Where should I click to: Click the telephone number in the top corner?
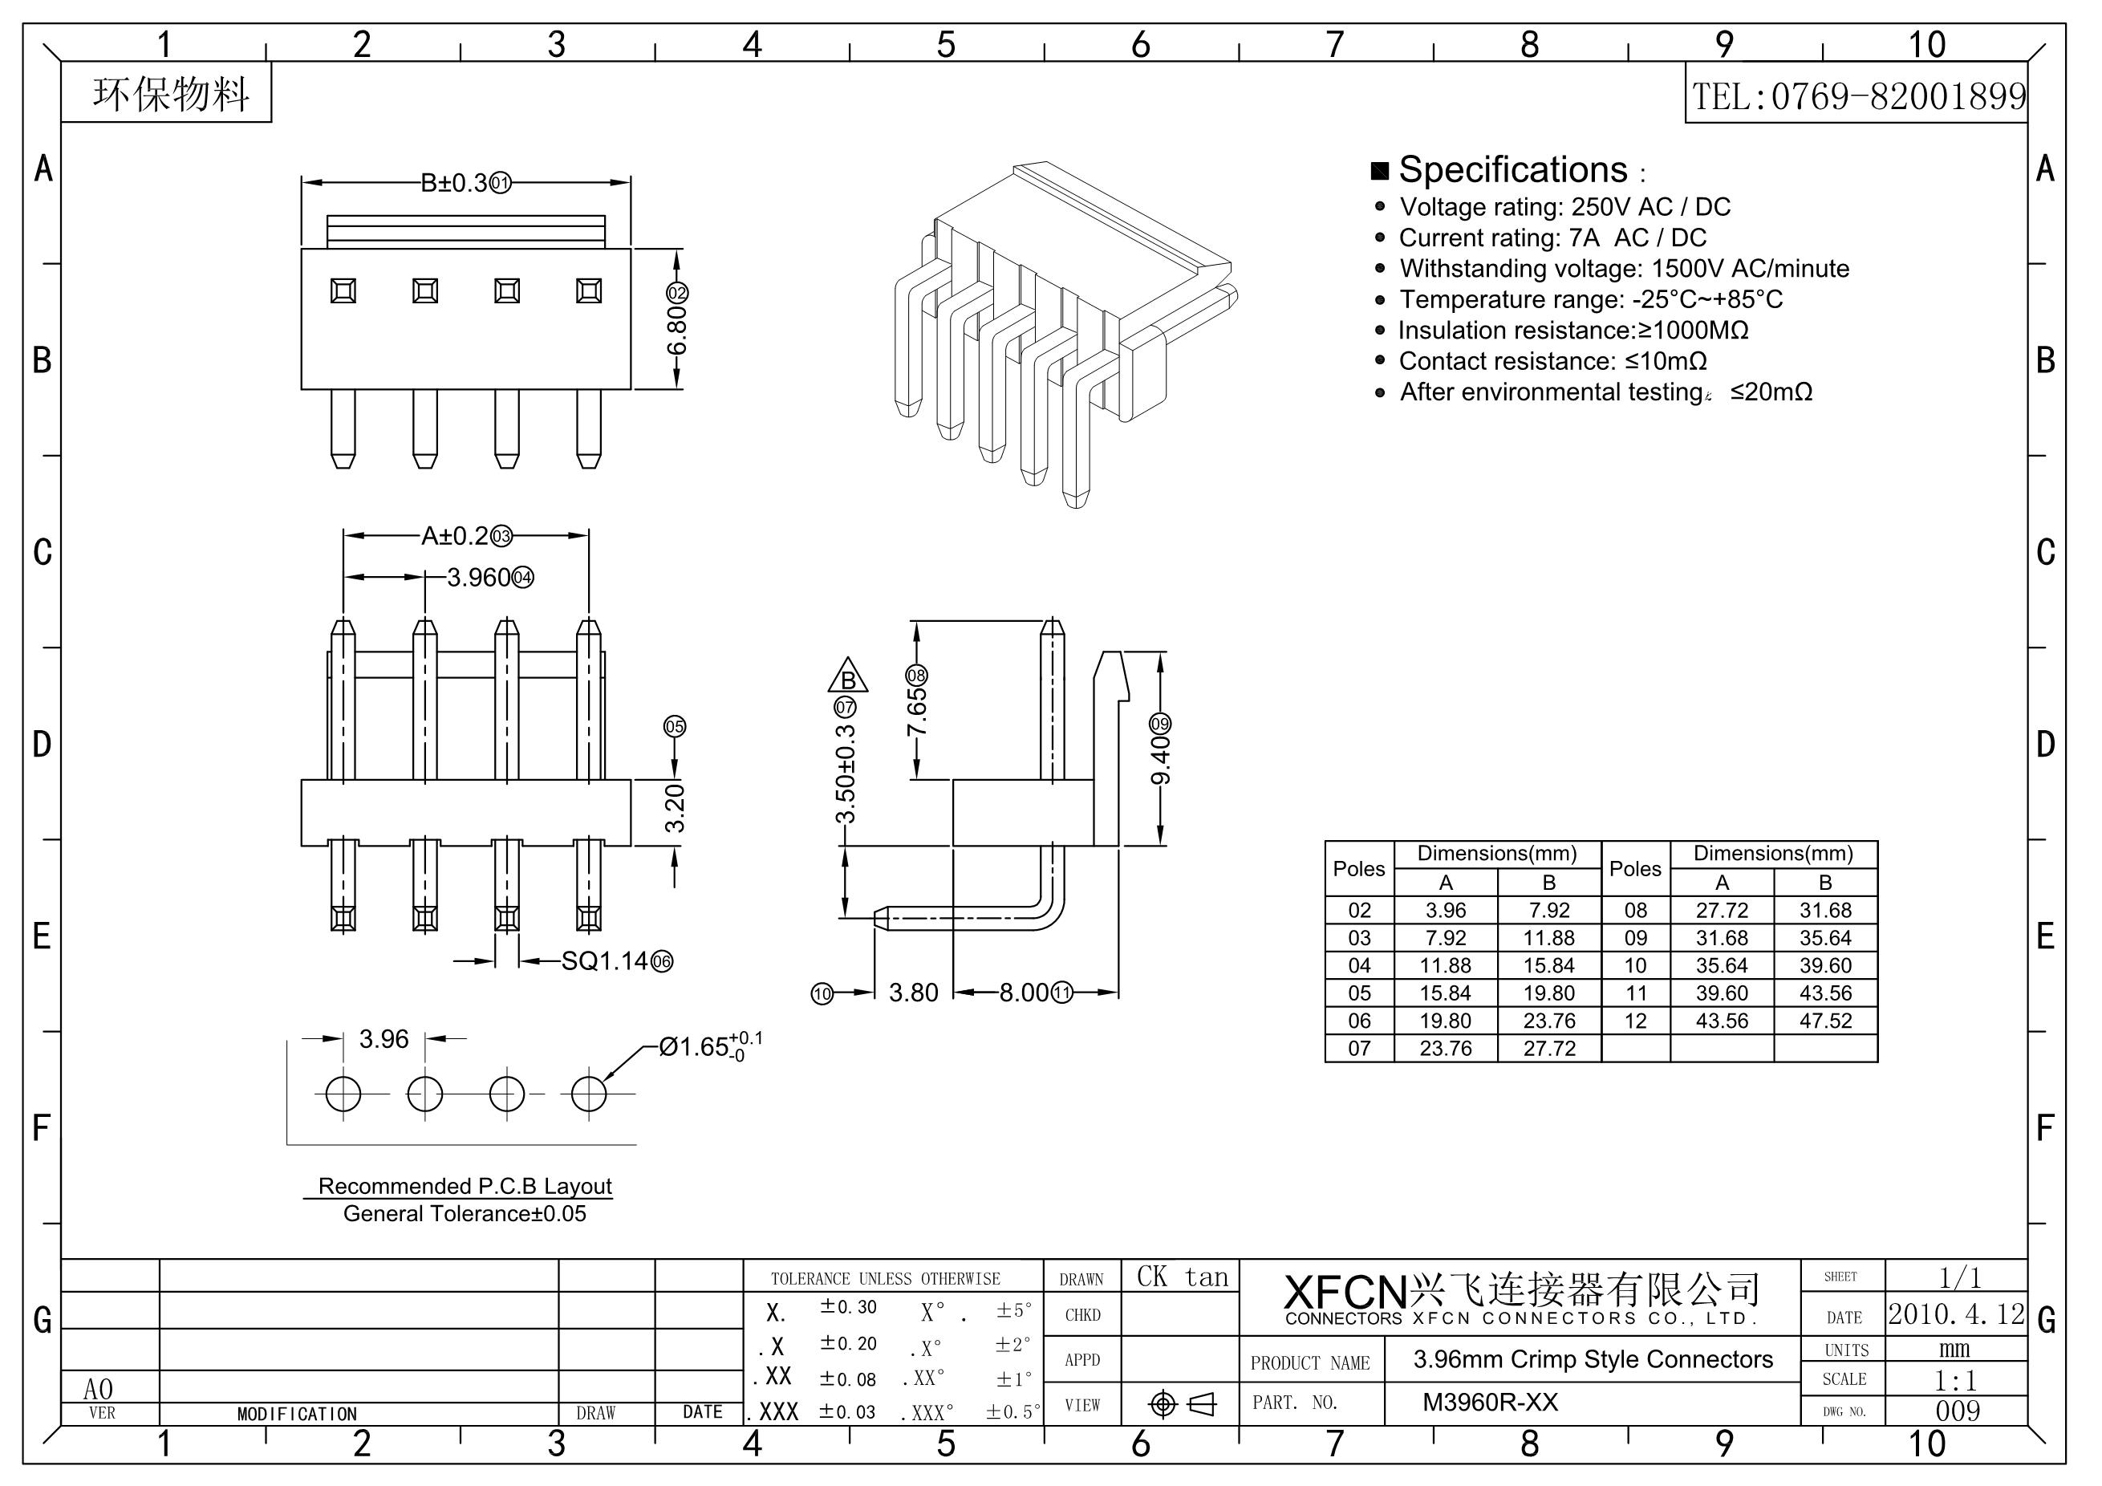(x=1858, y=96)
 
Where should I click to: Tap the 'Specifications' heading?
(x=1513, y=169)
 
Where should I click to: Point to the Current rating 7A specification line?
(x=1552, y=238)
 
